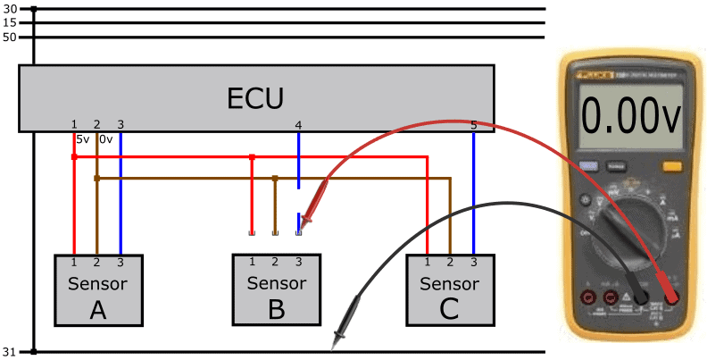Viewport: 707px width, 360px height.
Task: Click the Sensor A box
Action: (x=97, y=289)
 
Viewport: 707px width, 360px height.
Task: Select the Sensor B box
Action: (x=276, y=289)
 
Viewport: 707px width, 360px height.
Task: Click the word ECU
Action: (x=256, y=96)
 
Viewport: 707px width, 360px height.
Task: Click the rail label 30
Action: (x=11, y=9)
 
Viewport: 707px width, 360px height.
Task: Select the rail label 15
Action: (x=11, y=22)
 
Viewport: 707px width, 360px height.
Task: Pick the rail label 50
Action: (x=11, y=37)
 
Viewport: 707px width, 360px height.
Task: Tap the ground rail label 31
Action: (x=11, y=351)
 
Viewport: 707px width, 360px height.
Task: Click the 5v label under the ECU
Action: (x=82, y=138)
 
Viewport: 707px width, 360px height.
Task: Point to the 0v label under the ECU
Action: (x=105, y=138)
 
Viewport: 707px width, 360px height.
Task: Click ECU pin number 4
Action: (x=298, y=124)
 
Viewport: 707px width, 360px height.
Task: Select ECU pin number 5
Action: (x=473, y=125)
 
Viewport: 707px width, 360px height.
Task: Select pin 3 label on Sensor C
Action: (x=473, y=261)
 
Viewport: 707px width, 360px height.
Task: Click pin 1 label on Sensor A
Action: (x=74, y=261)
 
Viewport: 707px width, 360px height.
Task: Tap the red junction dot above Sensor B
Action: (x=253, y=157)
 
